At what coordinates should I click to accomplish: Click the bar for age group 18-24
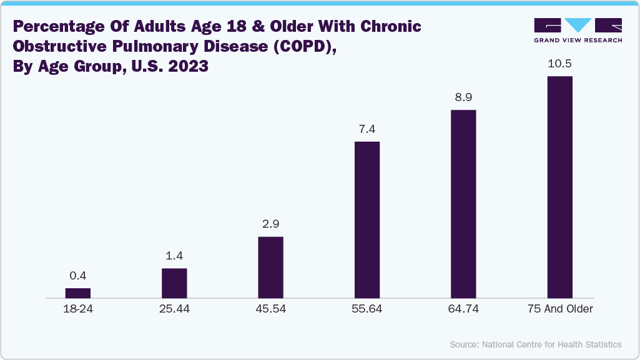pos(78,293)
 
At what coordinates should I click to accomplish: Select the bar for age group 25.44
pos(174,283)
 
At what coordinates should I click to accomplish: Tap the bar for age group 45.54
pos(270,267)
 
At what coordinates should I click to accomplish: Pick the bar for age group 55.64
pos(367,220)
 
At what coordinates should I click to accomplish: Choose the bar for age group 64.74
pos(463,203)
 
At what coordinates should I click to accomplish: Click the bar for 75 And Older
pos(559,187)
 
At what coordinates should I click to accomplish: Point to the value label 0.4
pos(78,276)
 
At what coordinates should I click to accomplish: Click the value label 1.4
pos(174,256)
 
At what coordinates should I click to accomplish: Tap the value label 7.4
pos(367,129)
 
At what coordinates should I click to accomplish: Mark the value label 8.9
pos(463,97)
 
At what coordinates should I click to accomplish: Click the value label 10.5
pos(559,64)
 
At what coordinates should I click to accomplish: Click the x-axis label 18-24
pos(78,309)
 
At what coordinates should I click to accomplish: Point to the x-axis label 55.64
pos(367,309)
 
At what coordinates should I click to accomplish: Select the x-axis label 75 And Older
pos(559,309)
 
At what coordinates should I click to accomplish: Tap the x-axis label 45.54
pos(270,309)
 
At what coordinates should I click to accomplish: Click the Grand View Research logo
pos(578,30)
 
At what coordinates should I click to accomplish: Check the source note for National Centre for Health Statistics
pos(535,344)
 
